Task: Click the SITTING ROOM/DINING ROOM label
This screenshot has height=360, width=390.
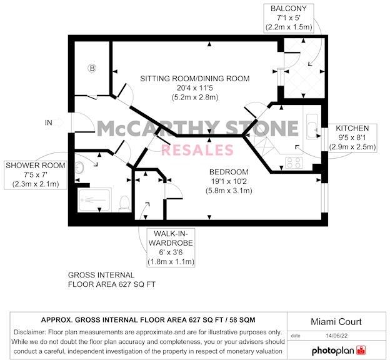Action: click(x=194, y=79)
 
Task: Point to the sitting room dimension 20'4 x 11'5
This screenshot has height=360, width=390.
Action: click(x=194, y=89)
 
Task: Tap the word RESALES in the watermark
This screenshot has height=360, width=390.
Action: click(x=197, y=150)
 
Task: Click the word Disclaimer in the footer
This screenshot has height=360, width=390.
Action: click(x=31, y=332)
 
